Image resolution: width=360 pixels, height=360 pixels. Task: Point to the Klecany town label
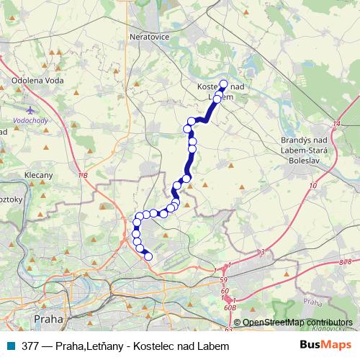38,175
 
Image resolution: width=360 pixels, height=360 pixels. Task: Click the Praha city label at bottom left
49,318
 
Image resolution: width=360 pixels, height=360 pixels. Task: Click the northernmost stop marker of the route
222,84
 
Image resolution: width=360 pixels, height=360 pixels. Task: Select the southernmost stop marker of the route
149,256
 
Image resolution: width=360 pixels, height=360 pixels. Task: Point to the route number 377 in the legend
31,346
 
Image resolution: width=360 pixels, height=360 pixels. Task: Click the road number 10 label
312,186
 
